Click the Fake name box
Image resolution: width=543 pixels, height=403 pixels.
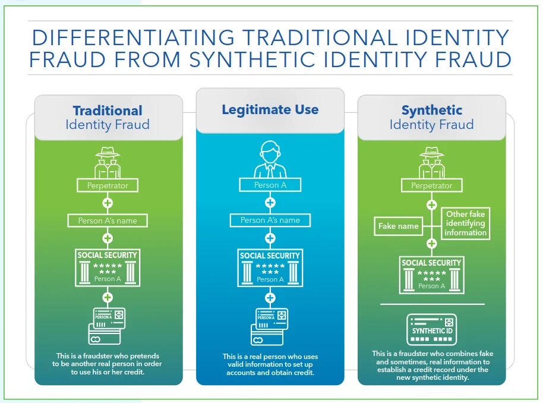[399, 226]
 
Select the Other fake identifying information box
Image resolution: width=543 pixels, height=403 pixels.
[465, 223]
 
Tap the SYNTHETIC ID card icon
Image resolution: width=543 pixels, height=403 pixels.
[432, 330]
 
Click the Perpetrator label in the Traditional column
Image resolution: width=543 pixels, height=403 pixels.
[108, 185]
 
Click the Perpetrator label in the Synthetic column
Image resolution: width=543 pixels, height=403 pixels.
[432, 185]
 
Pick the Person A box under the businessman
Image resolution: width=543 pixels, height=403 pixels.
[270, 185]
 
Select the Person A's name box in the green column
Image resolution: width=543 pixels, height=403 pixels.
[108, 221]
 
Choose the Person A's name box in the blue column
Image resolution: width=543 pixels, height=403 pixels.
[270, 220]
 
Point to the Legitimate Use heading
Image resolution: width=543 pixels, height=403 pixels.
[270, 110]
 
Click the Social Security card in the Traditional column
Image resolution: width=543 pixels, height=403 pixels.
[108, 267]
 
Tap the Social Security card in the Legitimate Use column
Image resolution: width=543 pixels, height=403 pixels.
[270, 267]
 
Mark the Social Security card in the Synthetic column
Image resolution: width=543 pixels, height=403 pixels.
[432, 275]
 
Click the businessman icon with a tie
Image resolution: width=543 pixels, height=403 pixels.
[270, 159]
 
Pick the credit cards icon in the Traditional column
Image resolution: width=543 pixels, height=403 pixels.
[107, 326]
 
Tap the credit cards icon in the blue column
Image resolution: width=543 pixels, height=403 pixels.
[270, 326]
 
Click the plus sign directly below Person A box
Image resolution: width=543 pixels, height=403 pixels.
[270, 203]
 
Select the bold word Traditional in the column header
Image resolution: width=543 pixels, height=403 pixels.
[108, 111]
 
